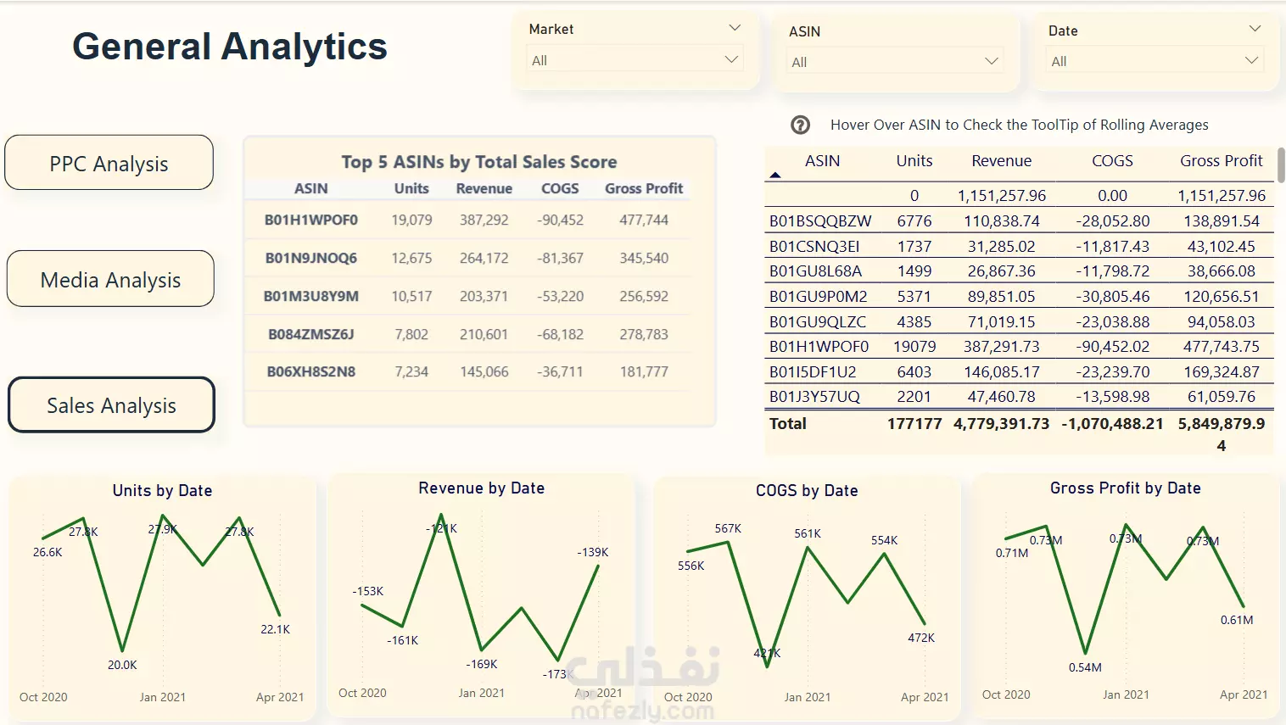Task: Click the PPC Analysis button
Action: coord(109,163)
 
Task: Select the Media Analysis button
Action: coord(110,279)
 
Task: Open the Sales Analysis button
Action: coord(111,405)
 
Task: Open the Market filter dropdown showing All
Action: coord(635,60)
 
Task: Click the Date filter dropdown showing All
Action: coord(1155,61)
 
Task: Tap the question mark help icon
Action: coord(800,125)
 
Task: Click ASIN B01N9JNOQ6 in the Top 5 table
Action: coord(311,258)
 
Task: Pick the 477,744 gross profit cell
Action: coord(643,220)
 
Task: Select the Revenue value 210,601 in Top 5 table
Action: coord(484,334)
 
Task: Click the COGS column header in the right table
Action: coord(1111,160)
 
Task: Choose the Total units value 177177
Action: coord(914,423)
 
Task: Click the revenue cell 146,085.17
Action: coord(1001,371)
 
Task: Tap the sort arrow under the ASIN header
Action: coord(774,176)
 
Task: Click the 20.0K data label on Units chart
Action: coord(122,665)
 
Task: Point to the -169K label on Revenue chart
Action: coord(482,664)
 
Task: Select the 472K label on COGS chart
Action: coord(921,638)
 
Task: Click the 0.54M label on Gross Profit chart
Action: coord(1085,667)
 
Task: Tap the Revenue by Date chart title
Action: coord(481,488)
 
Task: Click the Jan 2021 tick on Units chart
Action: coord(162,697)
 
